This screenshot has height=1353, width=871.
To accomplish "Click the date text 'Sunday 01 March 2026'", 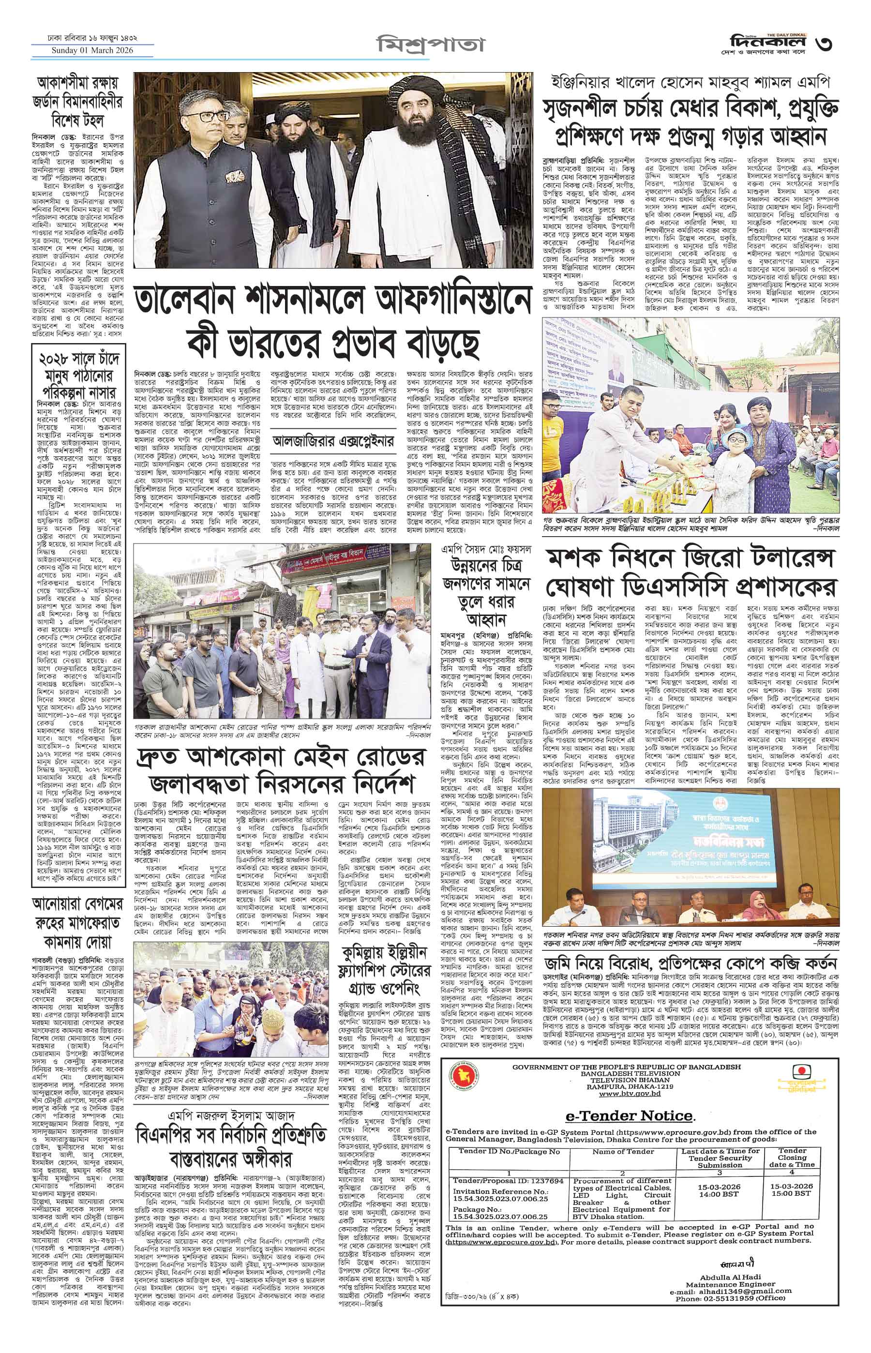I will click(x=93, y=51).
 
